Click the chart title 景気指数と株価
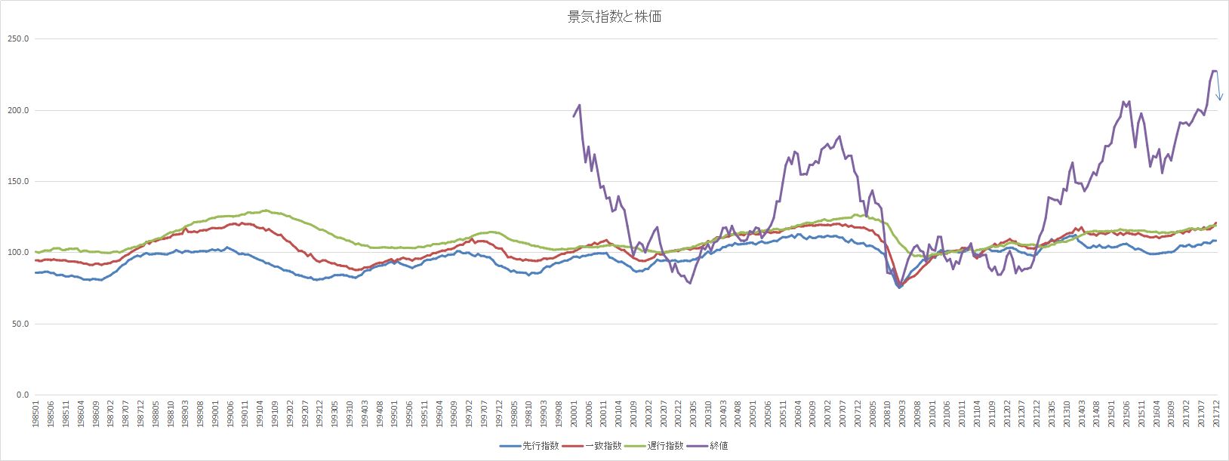pyautogui.click(x=614, y=17)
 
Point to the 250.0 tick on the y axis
pyautogui.click(x=17, y=39)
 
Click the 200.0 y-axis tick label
pyautogui.click(x=17, y=110)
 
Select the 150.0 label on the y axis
pyautogui.click(x=17, y=182)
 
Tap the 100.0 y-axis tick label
pyautogui.click(x=17, y=253)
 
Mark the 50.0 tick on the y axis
pyautogui.click(x=19, y=324)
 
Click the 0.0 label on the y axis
pyautogui.click(x=21, y=395)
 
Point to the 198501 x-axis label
pyautogui.click(x=36, y=413)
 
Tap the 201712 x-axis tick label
pyautogui.click(x=1216, y=413)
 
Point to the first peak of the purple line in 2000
pyautogui.click(x=579, y=105)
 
